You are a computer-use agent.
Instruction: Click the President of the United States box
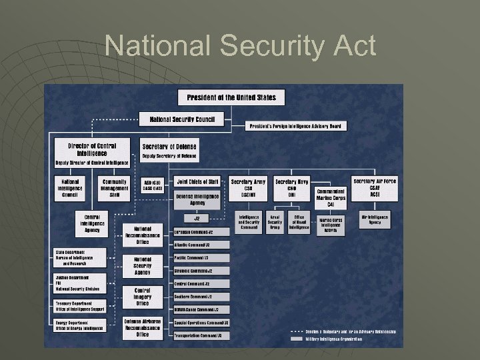[231, 97]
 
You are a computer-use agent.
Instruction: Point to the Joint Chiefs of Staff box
[199, 181]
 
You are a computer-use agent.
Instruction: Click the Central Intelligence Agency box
[92, 223]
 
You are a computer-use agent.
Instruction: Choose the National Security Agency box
[142, 265]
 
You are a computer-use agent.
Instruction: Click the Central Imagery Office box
[142, 296]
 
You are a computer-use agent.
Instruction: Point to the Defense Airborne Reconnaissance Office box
[142, 327]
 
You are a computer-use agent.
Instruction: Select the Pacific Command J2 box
[201, 257]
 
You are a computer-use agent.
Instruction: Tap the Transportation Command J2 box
[201, 335]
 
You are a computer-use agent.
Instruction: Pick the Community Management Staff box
[114, 188]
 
